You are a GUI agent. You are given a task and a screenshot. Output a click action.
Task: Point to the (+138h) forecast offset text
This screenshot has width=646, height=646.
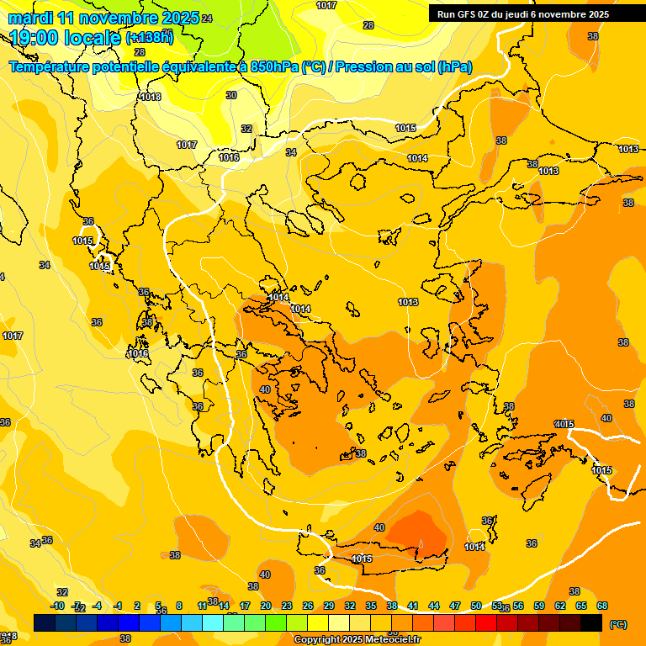(x=149, y=37)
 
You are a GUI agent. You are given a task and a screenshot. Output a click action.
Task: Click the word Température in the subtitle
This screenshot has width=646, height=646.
(x=50, y=66)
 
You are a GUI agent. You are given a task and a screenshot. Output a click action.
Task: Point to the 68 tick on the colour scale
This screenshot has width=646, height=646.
(x=602, y=606)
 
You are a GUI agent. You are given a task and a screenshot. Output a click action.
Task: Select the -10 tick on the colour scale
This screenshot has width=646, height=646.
(x=58, y=606)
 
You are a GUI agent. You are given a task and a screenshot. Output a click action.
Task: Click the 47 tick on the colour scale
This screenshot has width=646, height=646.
(x=455, y=606)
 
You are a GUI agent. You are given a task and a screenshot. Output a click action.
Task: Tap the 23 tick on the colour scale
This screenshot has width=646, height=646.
(x=287, y=606)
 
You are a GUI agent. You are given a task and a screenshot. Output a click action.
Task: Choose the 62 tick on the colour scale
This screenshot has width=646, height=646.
(x=560, y=606)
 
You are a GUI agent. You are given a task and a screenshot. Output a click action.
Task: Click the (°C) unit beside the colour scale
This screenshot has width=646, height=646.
(x=617, y=623)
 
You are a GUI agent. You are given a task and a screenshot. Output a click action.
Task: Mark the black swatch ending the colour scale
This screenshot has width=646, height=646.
(x=591, y=622)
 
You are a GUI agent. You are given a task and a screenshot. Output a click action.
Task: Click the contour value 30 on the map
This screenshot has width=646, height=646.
(x=231, y=95)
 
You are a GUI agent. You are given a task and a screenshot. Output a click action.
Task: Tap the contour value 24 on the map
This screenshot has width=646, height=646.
(x=207, y=19)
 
